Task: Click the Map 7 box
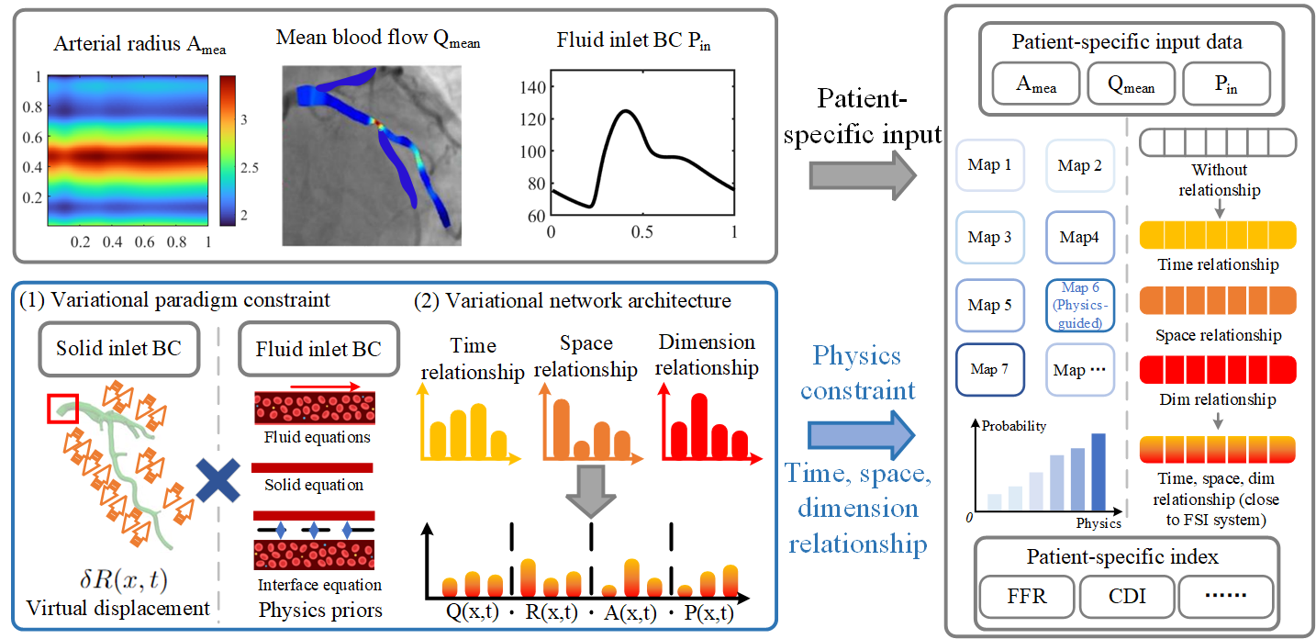(x=989, y=369)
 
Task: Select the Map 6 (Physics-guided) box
(x=1079, y=305)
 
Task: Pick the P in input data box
(x=1225, y=84)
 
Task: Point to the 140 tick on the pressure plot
(x=531, y=87)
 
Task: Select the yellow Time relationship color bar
(x=1217, y=237)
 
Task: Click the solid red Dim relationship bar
(x=1217, y=370)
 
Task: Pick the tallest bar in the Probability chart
(x=1099, y=471)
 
